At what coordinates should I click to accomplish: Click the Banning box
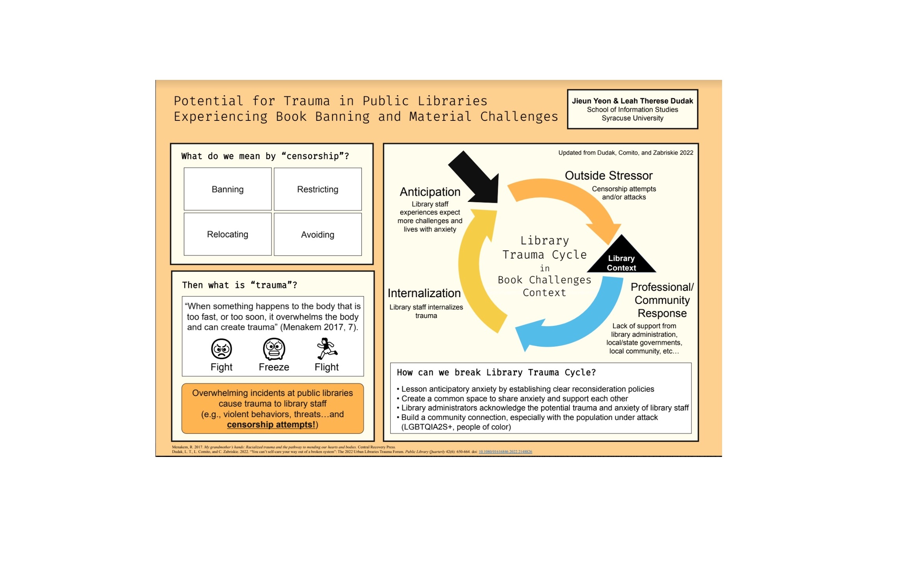[227, 189]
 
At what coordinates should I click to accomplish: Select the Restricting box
[317, 189]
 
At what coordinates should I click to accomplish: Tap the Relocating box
[227, 234]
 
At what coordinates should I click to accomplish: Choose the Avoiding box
[317, 235]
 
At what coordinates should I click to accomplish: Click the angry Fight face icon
[222, 349]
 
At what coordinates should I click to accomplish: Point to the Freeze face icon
[274, 349]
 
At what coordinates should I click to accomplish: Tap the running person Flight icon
[327, 348]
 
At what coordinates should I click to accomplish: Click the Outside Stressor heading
[608, 176]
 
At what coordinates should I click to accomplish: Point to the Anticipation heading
[430, 192]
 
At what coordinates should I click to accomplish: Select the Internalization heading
[424, 293]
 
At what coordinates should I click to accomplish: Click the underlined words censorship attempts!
[271, 425]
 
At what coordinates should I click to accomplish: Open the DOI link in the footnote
[505, 452]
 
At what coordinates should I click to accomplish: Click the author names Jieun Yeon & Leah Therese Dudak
[632, 101]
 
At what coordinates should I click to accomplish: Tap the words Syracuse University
[632, 118]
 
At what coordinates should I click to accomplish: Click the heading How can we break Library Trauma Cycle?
[496, 372]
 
